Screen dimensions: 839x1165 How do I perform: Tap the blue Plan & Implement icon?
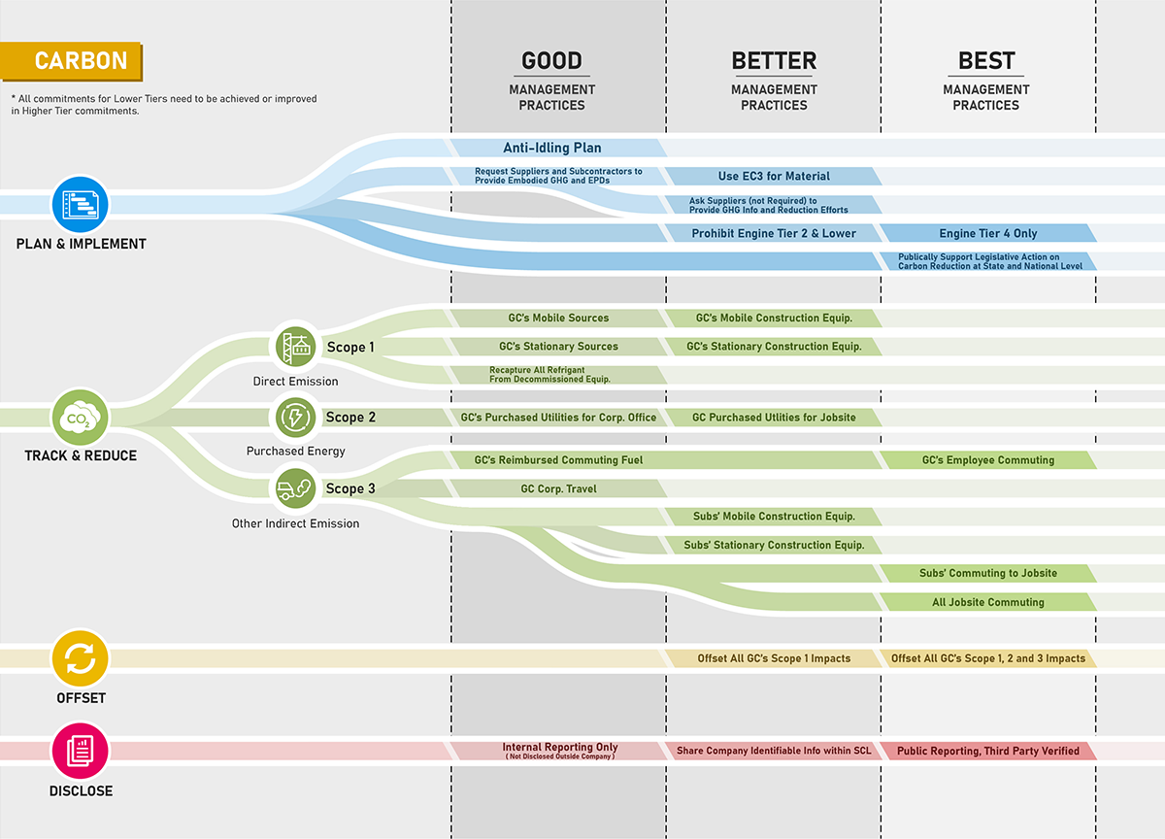click(81, 204)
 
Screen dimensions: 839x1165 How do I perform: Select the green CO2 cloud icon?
click(81, 419)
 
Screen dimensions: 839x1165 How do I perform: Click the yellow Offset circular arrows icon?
click(81, 658)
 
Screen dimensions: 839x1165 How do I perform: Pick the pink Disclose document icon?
click(81, 751)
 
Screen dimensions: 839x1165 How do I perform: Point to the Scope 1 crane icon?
click(296, 347)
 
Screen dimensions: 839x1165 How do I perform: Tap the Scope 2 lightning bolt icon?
click(296, 418)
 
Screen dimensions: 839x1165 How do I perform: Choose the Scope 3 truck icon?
click(296, 488)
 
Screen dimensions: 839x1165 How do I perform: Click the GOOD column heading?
click(551, 61)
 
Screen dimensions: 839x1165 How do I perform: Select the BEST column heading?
click(986, 61)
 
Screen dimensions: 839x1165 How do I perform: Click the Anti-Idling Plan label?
click(551, 149)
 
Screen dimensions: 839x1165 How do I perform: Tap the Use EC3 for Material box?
click(774, 177)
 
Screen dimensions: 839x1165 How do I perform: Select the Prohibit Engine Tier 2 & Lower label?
click(774, 233)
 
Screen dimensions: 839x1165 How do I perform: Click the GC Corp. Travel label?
click(558, 488)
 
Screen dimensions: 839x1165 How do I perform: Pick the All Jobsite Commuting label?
click(988, 602)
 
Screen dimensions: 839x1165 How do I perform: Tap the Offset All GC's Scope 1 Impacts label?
click(774, 658)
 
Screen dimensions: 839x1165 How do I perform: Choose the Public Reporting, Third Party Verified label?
click(988, 751)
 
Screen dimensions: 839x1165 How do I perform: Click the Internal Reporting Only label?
click(559, 749)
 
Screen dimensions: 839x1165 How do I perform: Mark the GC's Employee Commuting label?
click(988, 460)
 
